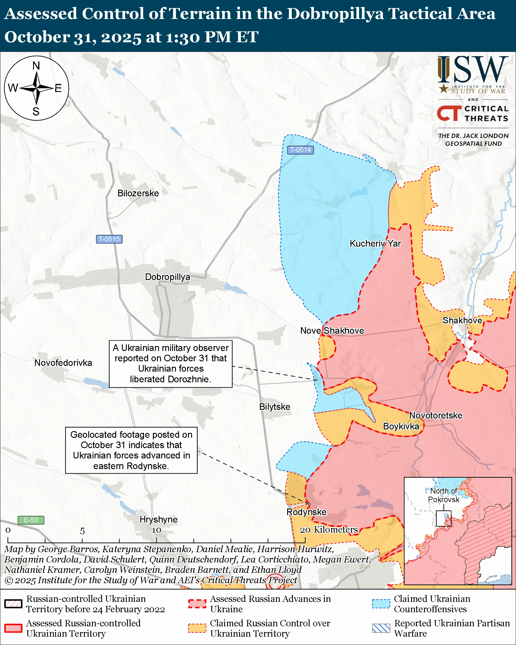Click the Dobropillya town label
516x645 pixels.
pyautogui.click(x=167, y=277)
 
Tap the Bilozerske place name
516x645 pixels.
pyautogui.click(x=138, y=193)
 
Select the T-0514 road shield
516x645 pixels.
pyautogui.click(x=300, y=149)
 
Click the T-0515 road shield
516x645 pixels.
pyautogui.click(x=109, y=239)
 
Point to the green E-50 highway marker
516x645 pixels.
pyautogui.click(x=31, y=520)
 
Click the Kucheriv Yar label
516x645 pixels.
pyautogui.click(x=375, y=243)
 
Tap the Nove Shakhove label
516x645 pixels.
pyautogui.click(x=332, y=331)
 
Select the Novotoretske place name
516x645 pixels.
pyautogui.click(x=436, y=415)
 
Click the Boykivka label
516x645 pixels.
pyautogui.click(x=401, y=426)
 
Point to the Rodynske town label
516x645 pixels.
pyautogui.click(x=306, y=512)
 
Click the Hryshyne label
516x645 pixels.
pyautogui.click(x=159, y=519)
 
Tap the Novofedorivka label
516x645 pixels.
pyautogui.click(x=63, y=363)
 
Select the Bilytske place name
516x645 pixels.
pyautogui.click(x=275, y=407)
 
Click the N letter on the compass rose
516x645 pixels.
pyautogui.click(x=36, y=66)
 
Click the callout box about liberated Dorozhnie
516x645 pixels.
pyautogui.click(x=170, y=364)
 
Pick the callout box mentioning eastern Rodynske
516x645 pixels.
pyautogui.click(x=131, y=450)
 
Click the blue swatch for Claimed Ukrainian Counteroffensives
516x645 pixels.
pyautogui.click(x=381, y=604)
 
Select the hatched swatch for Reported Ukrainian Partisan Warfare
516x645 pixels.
pyautogui.click(x=381, y=628)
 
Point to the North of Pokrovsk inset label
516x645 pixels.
pyautogui.click(x=444, y=495)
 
